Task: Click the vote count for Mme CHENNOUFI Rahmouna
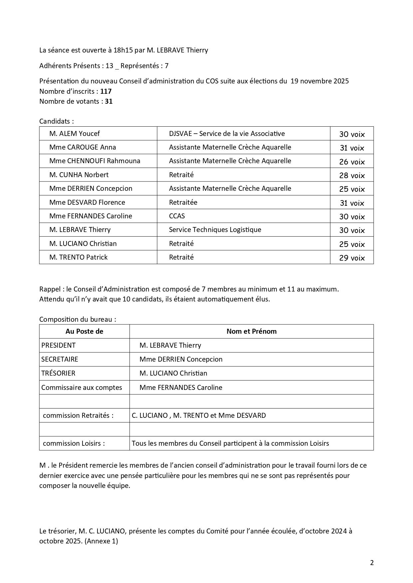352,162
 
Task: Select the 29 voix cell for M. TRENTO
352,258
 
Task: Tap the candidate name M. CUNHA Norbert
79,175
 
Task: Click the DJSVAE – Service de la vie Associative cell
227,134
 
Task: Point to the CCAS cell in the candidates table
177,216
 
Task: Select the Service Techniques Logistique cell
215,230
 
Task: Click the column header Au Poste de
84,331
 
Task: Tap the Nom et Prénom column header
251,331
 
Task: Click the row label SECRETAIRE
60,359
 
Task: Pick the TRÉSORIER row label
58,373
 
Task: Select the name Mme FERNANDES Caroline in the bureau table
181,388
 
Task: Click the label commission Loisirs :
74,443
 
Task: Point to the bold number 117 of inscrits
106,91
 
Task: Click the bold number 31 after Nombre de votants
109,101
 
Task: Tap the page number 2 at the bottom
372,563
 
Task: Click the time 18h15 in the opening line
123,50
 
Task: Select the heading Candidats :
56,121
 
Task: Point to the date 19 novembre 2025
319,81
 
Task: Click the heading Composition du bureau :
78,319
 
